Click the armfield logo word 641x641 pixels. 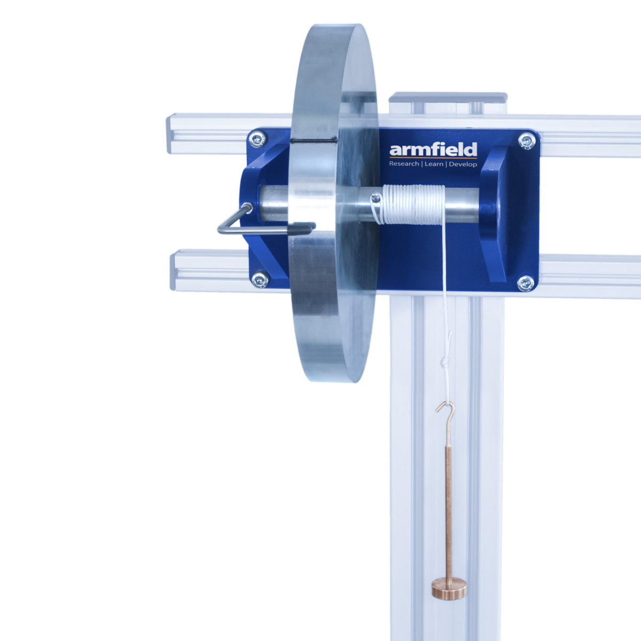pyautogui.click(x=433, y=150)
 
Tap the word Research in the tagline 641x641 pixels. pyautogui.click(x=404, y=164)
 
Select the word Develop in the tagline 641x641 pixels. pyautogui.click(x=463, y=164)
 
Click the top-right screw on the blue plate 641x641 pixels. pyautogui.click(x=526, y=140)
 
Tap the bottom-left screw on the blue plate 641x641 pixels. pyautogui.click(x=260, y=279)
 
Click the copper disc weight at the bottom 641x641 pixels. pyautogui.click(x=449, y=588)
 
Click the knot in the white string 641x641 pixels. pyautogui.click(x=445, y=363)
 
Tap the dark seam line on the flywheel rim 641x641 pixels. pyautogui.click(x=315, y=140)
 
